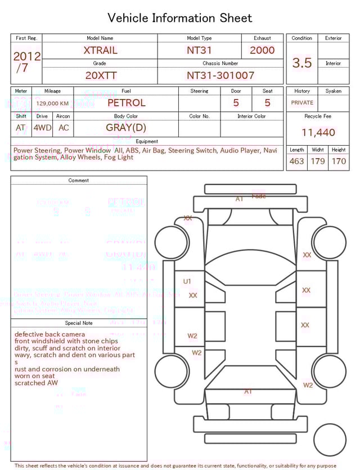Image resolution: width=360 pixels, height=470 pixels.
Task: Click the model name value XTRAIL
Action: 100,50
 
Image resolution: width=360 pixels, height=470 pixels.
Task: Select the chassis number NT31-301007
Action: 220,75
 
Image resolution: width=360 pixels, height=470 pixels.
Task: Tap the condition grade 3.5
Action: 301,63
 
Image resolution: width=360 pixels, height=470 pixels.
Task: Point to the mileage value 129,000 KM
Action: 52,104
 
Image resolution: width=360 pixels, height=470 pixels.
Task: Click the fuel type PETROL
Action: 126,103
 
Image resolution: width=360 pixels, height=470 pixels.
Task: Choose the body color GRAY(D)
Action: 125,127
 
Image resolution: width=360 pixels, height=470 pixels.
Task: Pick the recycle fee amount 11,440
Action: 318,132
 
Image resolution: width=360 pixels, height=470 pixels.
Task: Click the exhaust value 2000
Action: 262,50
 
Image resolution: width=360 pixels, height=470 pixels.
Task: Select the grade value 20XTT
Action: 100,75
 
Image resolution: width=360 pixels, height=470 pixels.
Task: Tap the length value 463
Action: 296,162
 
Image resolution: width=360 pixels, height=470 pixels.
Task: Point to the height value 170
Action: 339,162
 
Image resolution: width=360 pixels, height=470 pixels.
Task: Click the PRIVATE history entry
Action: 302,103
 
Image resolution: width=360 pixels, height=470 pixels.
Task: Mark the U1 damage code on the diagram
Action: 187,281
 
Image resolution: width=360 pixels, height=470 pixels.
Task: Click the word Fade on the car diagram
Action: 259,196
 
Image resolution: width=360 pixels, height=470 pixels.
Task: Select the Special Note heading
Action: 79,323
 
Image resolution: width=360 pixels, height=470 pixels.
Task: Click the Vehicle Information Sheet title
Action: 180,18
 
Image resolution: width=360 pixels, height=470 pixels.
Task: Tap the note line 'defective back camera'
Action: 50,334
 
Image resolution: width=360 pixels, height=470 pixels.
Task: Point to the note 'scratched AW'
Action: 36,383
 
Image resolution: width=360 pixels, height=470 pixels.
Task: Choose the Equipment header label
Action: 147,141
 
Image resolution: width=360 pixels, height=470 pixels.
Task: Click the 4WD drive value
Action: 42,128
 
